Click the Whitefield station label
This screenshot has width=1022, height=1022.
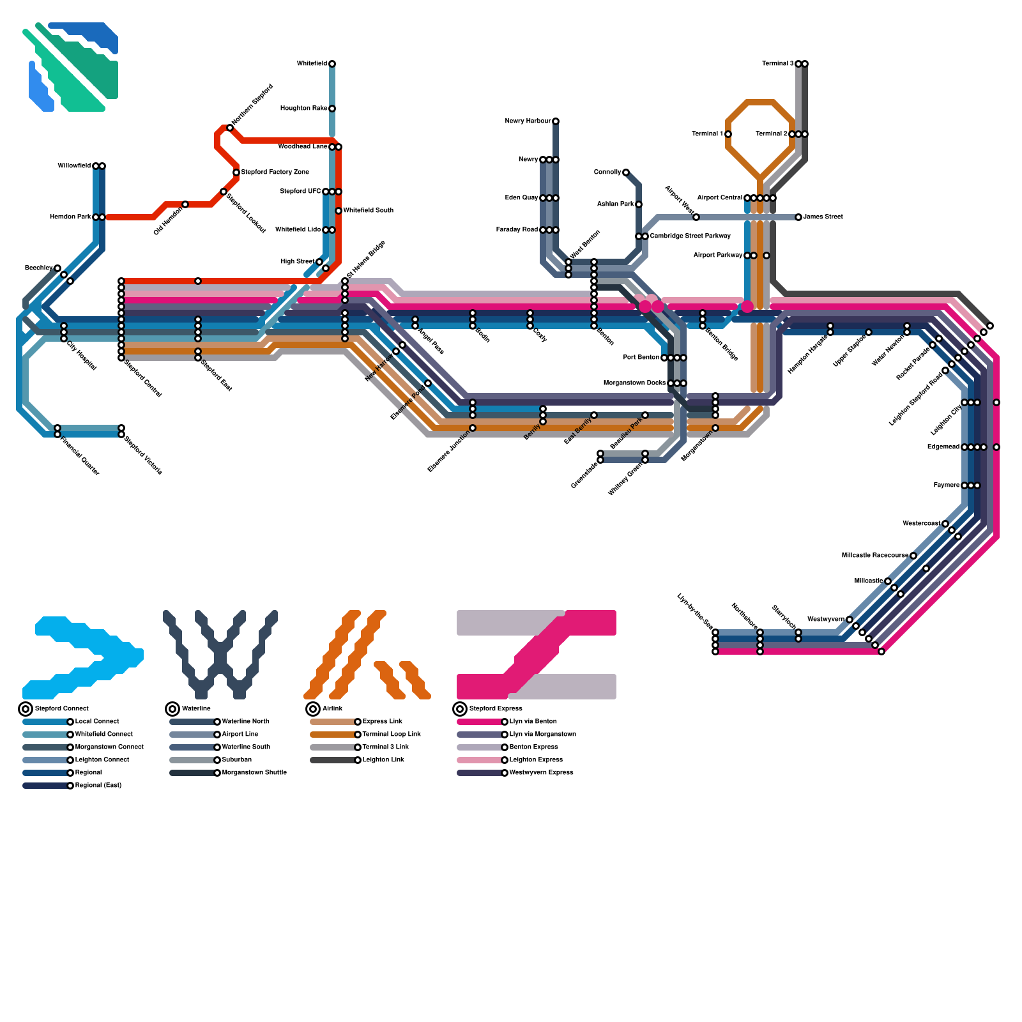pos(312,64)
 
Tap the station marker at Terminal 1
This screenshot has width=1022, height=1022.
pos(728,134)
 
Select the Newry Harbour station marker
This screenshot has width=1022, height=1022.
pos(556,121)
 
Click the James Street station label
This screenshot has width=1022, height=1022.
pos(823,217)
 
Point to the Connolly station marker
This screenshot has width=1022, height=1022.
pos(626,172)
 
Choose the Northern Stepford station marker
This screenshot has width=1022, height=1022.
pos(230,128)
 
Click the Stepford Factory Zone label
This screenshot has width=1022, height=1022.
pos(275,172)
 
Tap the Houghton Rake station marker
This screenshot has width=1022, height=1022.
pos(332,109)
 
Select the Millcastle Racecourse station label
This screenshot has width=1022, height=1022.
pos(874,556)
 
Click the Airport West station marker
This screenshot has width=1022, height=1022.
pos(696,217)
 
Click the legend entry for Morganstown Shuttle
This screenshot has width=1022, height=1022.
pos(254,773)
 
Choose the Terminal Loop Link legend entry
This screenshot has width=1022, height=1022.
pos(392,735)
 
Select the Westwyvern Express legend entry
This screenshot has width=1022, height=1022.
pos(541,773)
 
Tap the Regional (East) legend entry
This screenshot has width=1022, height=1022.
pos(98,786)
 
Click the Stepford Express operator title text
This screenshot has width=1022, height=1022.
pos(496,709)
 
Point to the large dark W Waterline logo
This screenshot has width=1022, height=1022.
pos(220,655)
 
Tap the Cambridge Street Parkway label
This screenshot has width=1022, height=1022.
pos(690,236)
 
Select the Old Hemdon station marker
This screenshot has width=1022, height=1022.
pos(185,204)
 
